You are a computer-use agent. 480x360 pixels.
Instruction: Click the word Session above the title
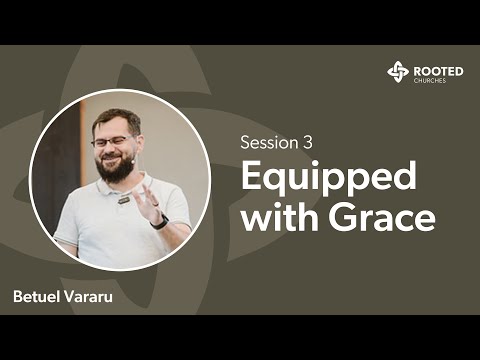tap(264, 141)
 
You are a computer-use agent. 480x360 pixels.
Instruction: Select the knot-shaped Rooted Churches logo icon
tap(398, 71)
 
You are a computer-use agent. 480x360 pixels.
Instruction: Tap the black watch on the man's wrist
tap(159, 221)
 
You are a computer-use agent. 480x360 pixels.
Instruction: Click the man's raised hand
tap(147, 200)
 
